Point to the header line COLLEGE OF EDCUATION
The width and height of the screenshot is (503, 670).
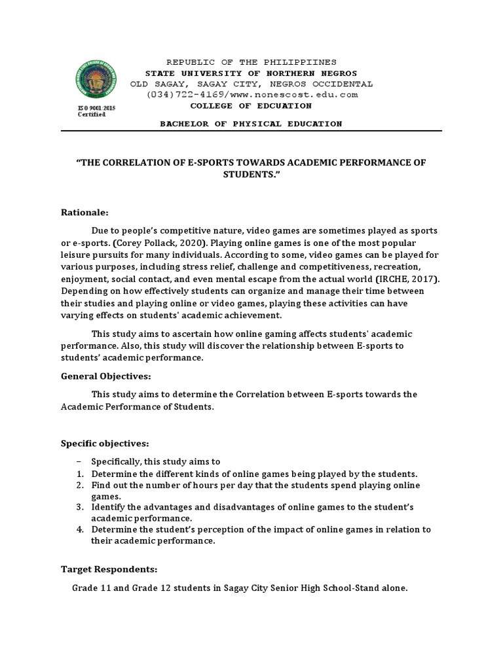251,105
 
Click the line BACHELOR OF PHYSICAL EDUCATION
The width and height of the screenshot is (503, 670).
251,124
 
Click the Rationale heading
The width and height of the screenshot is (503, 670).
85,213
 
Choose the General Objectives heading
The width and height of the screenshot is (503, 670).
106,377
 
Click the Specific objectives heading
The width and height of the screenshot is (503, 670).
105,444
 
